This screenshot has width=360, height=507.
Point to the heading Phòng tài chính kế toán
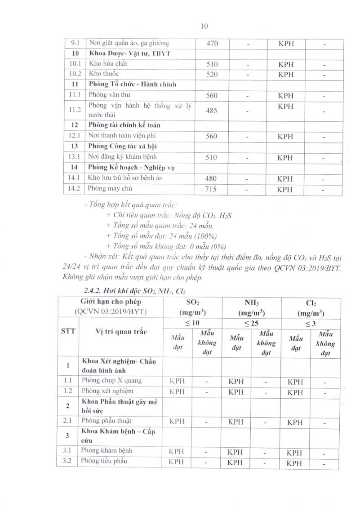(124, 125)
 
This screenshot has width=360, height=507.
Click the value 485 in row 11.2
(212, 110)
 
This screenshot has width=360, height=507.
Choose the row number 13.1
(72, 157)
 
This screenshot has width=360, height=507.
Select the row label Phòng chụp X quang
(111, 381)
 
